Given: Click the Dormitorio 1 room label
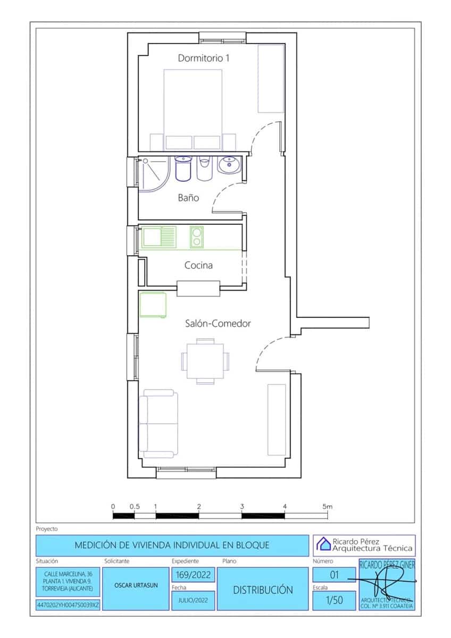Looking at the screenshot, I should click(204, 58).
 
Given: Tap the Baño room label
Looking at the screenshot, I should click(188, 198).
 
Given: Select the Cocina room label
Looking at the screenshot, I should click(198, 265).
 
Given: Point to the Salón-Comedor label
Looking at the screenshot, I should click(218, 323).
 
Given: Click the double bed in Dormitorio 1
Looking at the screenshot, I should click(192, 106).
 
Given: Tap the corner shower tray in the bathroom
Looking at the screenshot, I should click(154, 172).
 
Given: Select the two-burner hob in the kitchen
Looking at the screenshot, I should click(196, 237).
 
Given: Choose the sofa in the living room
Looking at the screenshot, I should click(157, 424).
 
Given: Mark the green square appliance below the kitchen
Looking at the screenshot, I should click(153, 305).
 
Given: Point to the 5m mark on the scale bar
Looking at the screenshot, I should click(327, 507).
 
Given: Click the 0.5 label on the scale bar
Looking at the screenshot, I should click(135, 507).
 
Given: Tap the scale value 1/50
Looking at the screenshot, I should click(334, 601).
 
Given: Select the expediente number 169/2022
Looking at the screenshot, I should click(193, 575).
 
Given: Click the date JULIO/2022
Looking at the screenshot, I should click(193, 601).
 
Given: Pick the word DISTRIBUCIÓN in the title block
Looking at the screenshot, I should click(263, 590).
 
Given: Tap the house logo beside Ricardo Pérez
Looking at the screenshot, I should click(323, 544).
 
